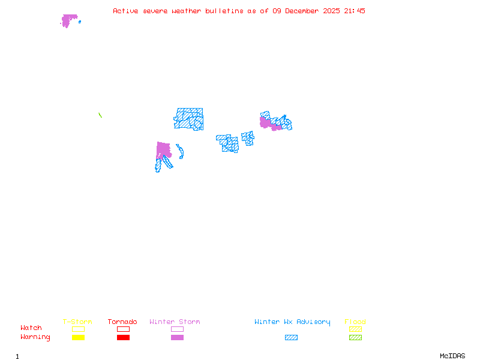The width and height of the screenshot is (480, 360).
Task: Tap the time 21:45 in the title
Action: [x=354, y=11]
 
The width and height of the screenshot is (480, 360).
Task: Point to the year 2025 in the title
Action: [x=332, y=11]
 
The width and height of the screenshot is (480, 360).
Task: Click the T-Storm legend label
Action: [x=77, y=322]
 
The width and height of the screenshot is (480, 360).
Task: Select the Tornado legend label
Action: [x=122, y=322]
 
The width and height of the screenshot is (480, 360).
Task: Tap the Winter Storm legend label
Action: [x=175, y=322]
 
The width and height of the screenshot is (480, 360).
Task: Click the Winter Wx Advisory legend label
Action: [x=292, y=322]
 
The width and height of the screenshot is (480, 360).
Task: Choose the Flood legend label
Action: [x=355, y=322]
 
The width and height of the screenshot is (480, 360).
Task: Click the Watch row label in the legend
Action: [x=31, y=328]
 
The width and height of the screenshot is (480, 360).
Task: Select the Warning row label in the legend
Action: [x=35, y=337]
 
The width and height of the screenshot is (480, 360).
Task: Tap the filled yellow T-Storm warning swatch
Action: [x=78, y=338]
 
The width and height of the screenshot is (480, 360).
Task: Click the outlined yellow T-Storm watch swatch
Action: [x=78, y=329]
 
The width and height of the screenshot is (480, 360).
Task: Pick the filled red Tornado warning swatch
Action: [x=123, y=338]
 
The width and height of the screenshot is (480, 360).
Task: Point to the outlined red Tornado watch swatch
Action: [x=123, y=329]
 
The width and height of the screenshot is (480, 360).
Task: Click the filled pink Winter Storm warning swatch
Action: [x=177, y=338]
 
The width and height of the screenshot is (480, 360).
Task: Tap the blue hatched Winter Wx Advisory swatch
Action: [x=291, y=338]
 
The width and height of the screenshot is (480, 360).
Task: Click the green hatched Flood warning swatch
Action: [x=355, y=338]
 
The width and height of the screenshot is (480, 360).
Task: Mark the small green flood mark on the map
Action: [x=100, y=115]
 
